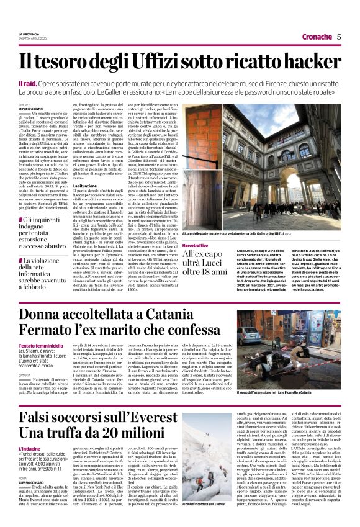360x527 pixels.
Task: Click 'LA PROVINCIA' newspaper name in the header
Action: click(x=29, y=34)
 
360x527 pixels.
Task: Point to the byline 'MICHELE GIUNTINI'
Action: click(x=31, y=109)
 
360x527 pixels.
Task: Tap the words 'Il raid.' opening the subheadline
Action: click(x=28, y=83)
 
